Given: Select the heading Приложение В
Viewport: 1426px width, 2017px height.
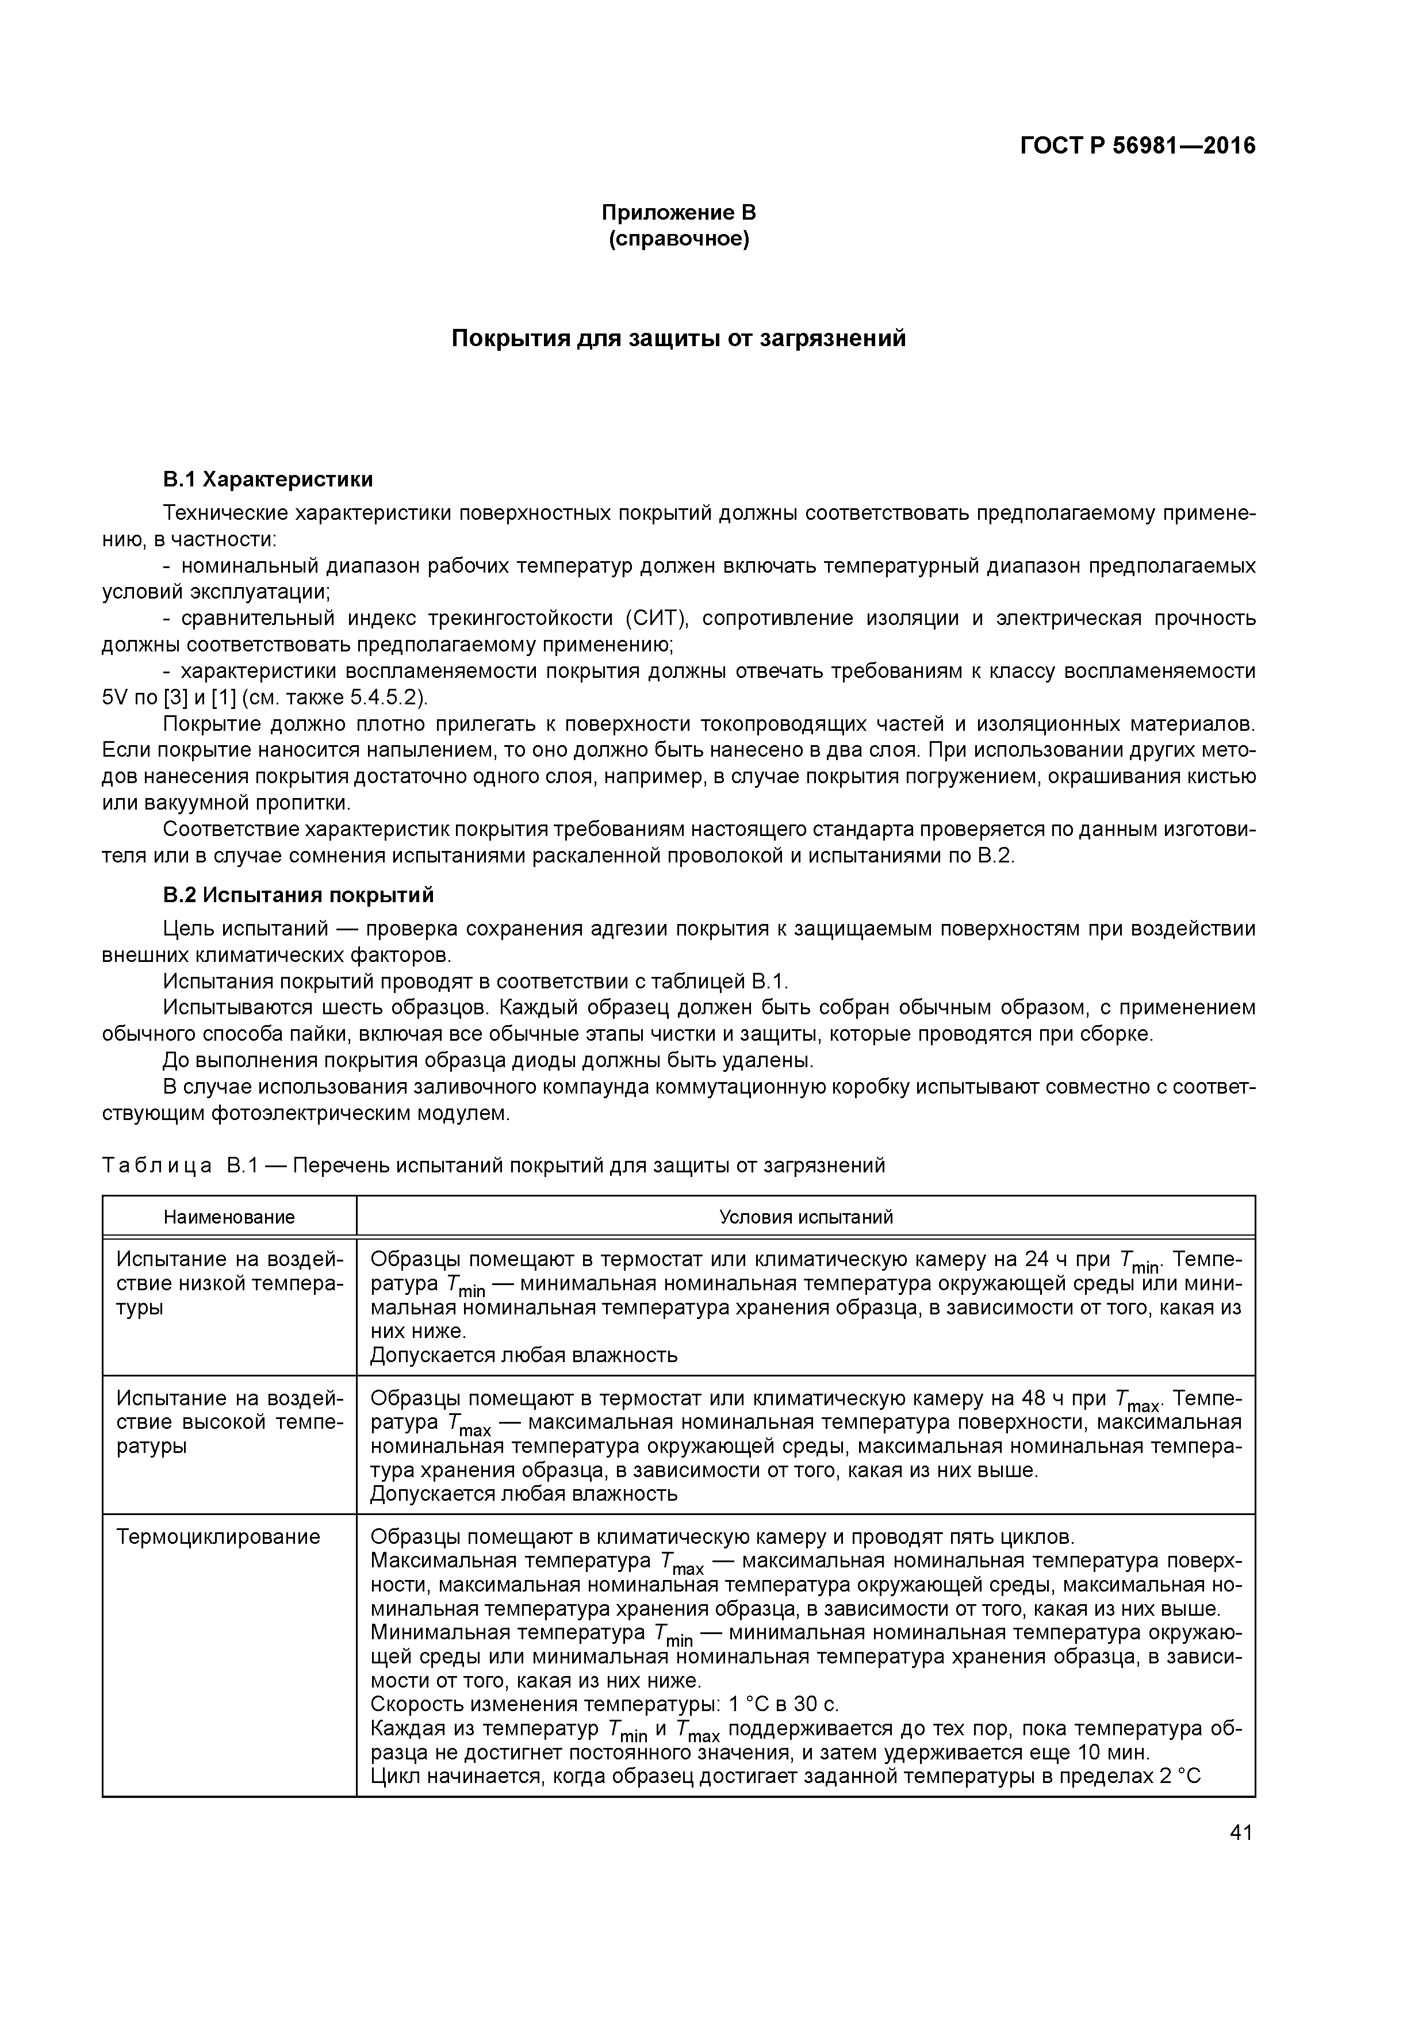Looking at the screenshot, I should point(678,213).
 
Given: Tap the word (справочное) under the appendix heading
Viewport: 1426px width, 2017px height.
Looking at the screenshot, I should point(678,239).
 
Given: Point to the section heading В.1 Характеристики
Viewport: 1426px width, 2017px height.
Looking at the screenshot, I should point(268,479).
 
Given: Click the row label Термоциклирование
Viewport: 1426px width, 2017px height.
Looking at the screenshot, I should point(218,1536).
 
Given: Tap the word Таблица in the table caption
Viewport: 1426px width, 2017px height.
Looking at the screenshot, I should point(156,1165).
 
